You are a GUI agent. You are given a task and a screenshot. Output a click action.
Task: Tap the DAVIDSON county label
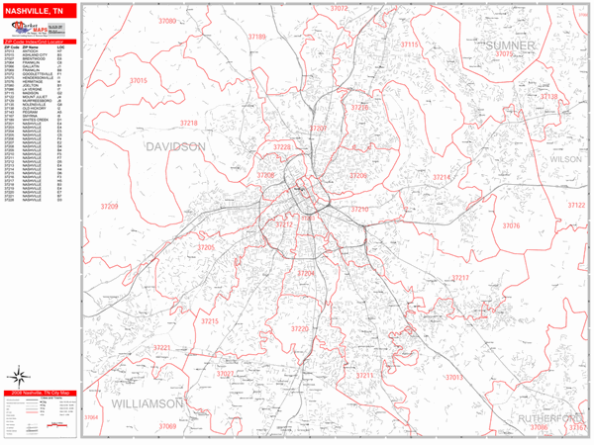(176, 146)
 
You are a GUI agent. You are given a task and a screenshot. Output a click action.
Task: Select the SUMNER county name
(510, 45)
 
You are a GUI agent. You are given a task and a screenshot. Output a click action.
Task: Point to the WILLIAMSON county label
(148, 404)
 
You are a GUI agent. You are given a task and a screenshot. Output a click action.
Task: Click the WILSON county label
(566, 158)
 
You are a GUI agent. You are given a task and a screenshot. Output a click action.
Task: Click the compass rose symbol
(19, 376)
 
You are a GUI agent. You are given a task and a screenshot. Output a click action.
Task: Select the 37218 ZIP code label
(187, 124)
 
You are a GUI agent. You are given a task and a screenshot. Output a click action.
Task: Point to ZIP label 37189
(257, 36)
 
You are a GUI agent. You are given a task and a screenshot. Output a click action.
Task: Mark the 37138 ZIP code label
(547, 97)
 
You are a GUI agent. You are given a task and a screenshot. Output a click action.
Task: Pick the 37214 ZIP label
(442, 177)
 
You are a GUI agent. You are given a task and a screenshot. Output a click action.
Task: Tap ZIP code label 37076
(510, 225)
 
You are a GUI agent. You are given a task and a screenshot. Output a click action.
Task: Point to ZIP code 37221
(161, 348)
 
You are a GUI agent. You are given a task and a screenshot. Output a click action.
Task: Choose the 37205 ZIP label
(206, 247)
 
